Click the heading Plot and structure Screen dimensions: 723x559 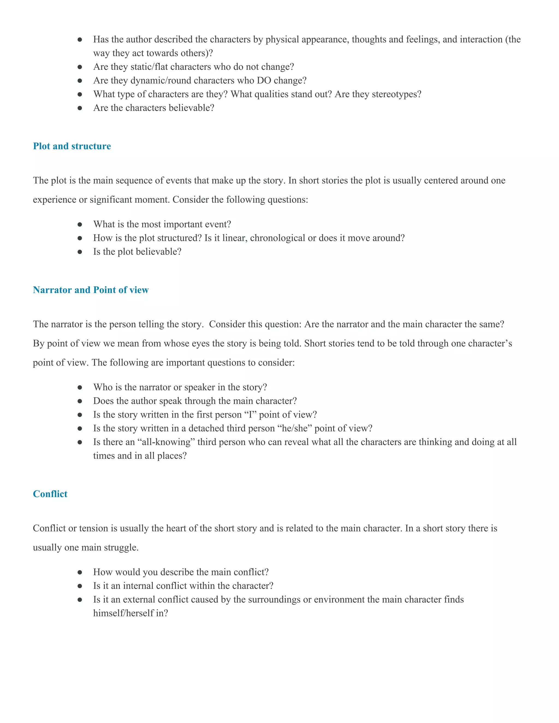click(x=72, y=146)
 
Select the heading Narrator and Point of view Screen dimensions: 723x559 click(x=91, y=290)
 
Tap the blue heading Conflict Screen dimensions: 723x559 click(x=50, y=494)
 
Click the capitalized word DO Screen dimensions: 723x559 click(x=264, y=80)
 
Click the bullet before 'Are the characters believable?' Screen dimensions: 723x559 click(x=79, y=108)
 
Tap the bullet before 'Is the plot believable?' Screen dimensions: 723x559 click(x=79, y=252)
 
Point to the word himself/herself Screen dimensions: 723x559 click(x=124, y=613)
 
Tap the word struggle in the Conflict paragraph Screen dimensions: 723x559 click(x=121, y=547)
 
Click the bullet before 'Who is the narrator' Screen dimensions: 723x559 click(x=79, y=387)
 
